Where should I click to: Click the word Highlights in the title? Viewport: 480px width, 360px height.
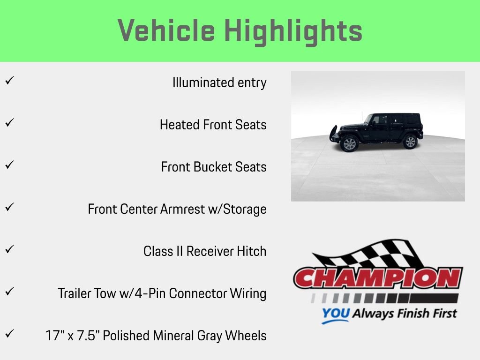point(293,31)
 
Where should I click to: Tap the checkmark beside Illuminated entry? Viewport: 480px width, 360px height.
point(9,80)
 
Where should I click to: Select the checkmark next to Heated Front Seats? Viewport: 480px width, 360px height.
point(9,122)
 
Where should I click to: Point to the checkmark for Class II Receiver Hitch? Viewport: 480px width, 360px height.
point(9,249)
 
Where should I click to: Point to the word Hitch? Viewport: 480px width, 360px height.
point(253,251)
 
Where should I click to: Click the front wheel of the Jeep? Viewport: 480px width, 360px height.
point(349,143)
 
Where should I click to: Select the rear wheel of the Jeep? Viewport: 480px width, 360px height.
point(410,142)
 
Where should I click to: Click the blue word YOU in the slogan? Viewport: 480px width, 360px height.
point(336,314)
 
